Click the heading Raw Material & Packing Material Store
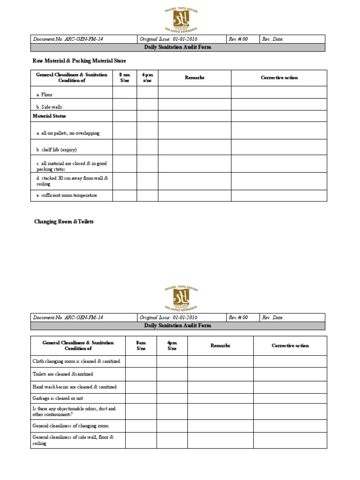click(79, 61)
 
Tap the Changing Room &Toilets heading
click(64, 221)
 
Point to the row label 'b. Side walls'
click(49, 107)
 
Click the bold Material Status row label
click(49, 116)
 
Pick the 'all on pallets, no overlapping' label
click(68, 133)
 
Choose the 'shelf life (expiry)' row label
click(56, 150)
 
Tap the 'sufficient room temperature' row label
click(67, 195)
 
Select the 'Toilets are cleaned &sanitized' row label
click(63, 374)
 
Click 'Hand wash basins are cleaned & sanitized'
click(75, 387)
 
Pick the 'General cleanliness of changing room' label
click(70, 426)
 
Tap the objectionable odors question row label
click(74, 412)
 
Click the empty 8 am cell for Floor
click(124, 92)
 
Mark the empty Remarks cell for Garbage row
click(220, 398)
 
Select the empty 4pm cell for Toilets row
click(172, 374)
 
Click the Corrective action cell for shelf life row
click(278, 147)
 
